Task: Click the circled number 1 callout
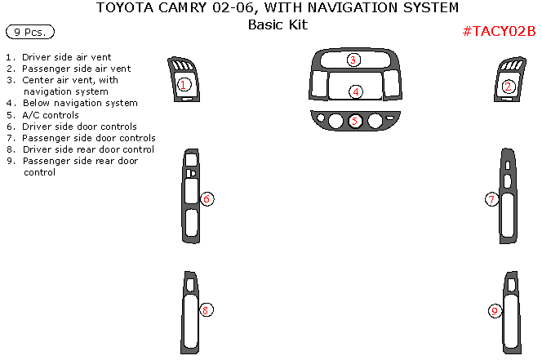184,84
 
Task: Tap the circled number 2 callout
509,87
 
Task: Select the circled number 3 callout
353,60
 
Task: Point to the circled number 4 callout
356,91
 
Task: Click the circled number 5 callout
355,121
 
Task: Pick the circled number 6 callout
207,199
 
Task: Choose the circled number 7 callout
491,199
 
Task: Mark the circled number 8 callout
207,309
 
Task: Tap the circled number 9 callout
495,310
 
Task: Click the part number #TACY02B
498,32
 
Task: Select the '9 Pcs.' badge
29,33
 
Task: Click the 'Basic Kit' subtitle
278,24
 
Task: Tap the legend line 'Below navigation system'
80,104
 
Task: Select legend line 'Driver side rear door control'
88,149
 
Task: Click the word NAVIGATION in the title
360,8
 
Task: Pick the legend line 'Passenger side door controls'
89,138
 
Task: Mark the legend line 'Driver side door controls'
79,127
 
